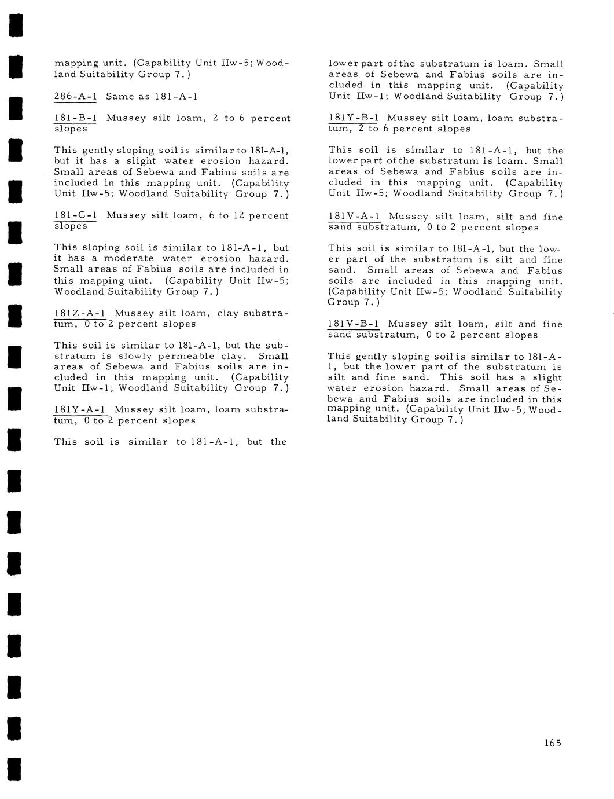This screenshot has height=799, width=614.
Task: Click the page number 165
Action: (x=553, y=743)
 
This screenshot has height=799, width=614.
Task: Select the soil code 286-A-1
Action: (x=75, y=96)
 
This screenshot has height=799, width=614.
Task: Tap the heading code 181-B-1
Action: (x=75, y=118)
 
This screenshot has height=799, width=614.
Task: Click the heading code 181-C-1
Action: (x=75, y=215)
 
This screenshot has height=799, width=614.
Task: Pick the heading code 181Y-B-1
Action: (x=354, y=118)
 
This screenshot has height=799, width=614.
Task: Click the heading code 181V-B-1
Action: (x=354, y=324)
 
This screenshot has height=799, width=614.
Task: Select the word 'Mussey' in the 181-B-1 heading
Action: (x=126, y=118)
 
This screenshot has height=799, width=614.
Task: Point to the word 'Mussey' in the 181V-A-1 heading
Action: (x=409, y=217)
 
